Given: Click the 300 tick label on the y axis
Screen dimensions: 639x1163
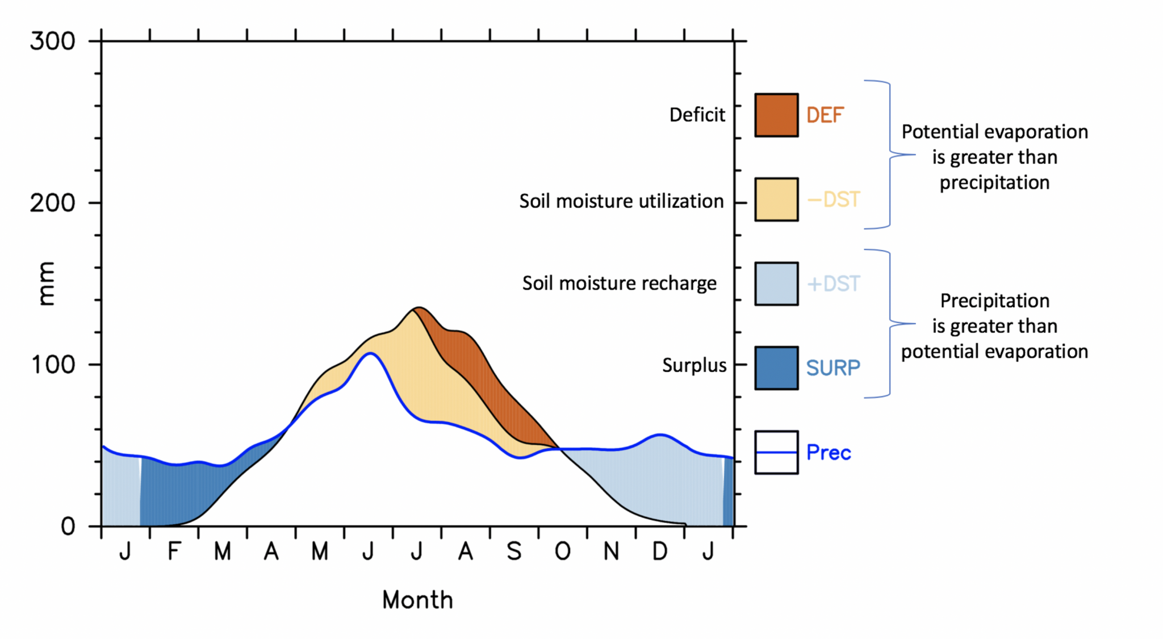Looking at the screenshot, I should (x=52, y=41).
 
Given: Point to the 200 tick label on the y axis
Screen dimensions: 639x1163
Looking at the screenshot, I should (x=52, y=203).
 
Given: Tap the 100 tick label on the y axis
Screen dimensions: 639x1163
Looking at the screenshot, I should (x=52, y=365).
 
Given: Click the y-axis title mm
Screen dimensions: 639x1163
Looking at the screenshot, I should (x=45, y=284).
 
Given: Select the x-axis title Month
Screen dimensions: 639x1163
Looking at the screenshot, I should (x=417, y=600).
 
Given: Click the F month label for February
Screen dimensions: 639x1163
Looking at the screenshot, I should (x=174, y=550).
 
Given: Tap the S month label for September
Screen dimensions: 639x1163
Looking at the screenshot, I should (x=514, y=550).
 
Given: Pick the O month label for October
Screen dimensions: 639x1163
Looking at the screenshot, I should (x=562, y=550).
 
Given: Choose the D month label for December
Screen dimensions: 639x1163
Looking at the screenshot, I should (x=659, y=550).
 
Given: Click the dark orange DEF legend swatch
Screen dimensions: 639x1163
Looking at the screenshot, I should (x=776, y=115).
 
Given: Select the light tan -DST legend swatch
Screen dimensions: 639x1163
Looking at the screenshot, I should (x=776, y=199).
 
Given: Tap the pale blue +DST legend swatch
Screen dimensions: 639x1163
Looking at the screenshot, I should (x=776, y=283).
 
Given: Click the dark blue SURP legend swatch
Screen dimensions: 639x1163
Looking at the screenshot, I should (x=776, y=368).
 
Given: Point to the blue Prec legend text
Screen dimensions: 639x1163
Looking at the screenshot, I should (x=829, y=453).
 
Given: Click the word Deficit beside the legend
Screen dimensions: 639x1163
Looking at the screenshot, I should (x=697, y=115).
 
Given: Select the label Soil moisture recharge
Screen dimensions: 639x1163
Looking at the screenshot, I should (x=619, y=283).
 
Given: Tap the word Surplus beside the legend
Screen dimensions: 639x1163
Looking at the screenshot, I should (x=694, y=365).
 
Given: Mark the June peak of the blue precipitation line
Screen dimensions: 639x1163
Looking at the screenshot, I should (x=370, y=353).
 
